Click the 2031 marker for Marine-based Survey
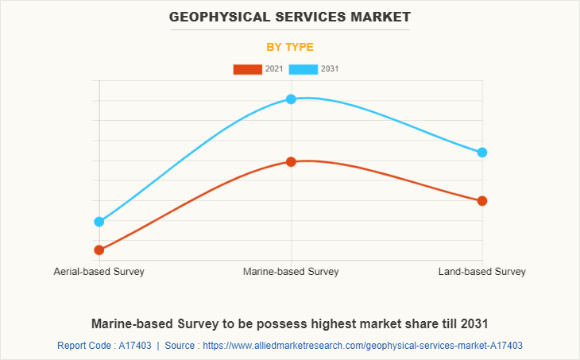coord(291,99)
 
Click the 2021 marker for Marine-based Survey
coord(291,161)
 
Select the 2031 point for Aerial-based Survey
coord(99,222)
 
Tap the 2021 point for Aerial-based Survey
coord(99,250)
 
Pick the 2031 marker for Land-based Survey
coord(481,153)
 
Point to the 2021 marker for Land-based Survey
coord(481,201)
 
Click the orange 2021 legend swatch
coord(247,69)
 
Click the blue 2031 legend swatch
coord(304,69)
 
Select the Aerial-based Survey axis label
coord(99,272)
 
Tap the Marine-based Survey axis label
coord(291,272)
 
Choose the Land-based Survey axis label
coord(481,272)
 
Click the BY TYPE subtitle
coord(290,47)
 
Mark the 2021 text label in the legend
coord(274,69)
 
